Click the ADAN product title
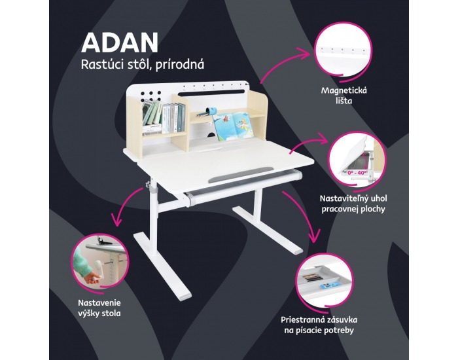click(120, 43)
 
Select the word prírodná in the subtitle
click(180, 65)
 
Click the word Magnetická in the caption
click(344, 90)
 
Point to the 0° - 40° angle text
click(357, 173)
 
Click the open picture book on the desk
click(233, 126)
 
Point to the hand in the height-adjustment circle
click(94, 277)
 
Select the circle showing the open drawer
click(324, 281)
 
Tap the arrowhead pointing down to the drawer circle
click(313, 237)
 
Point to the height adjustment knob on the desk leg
click(149, 185)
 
